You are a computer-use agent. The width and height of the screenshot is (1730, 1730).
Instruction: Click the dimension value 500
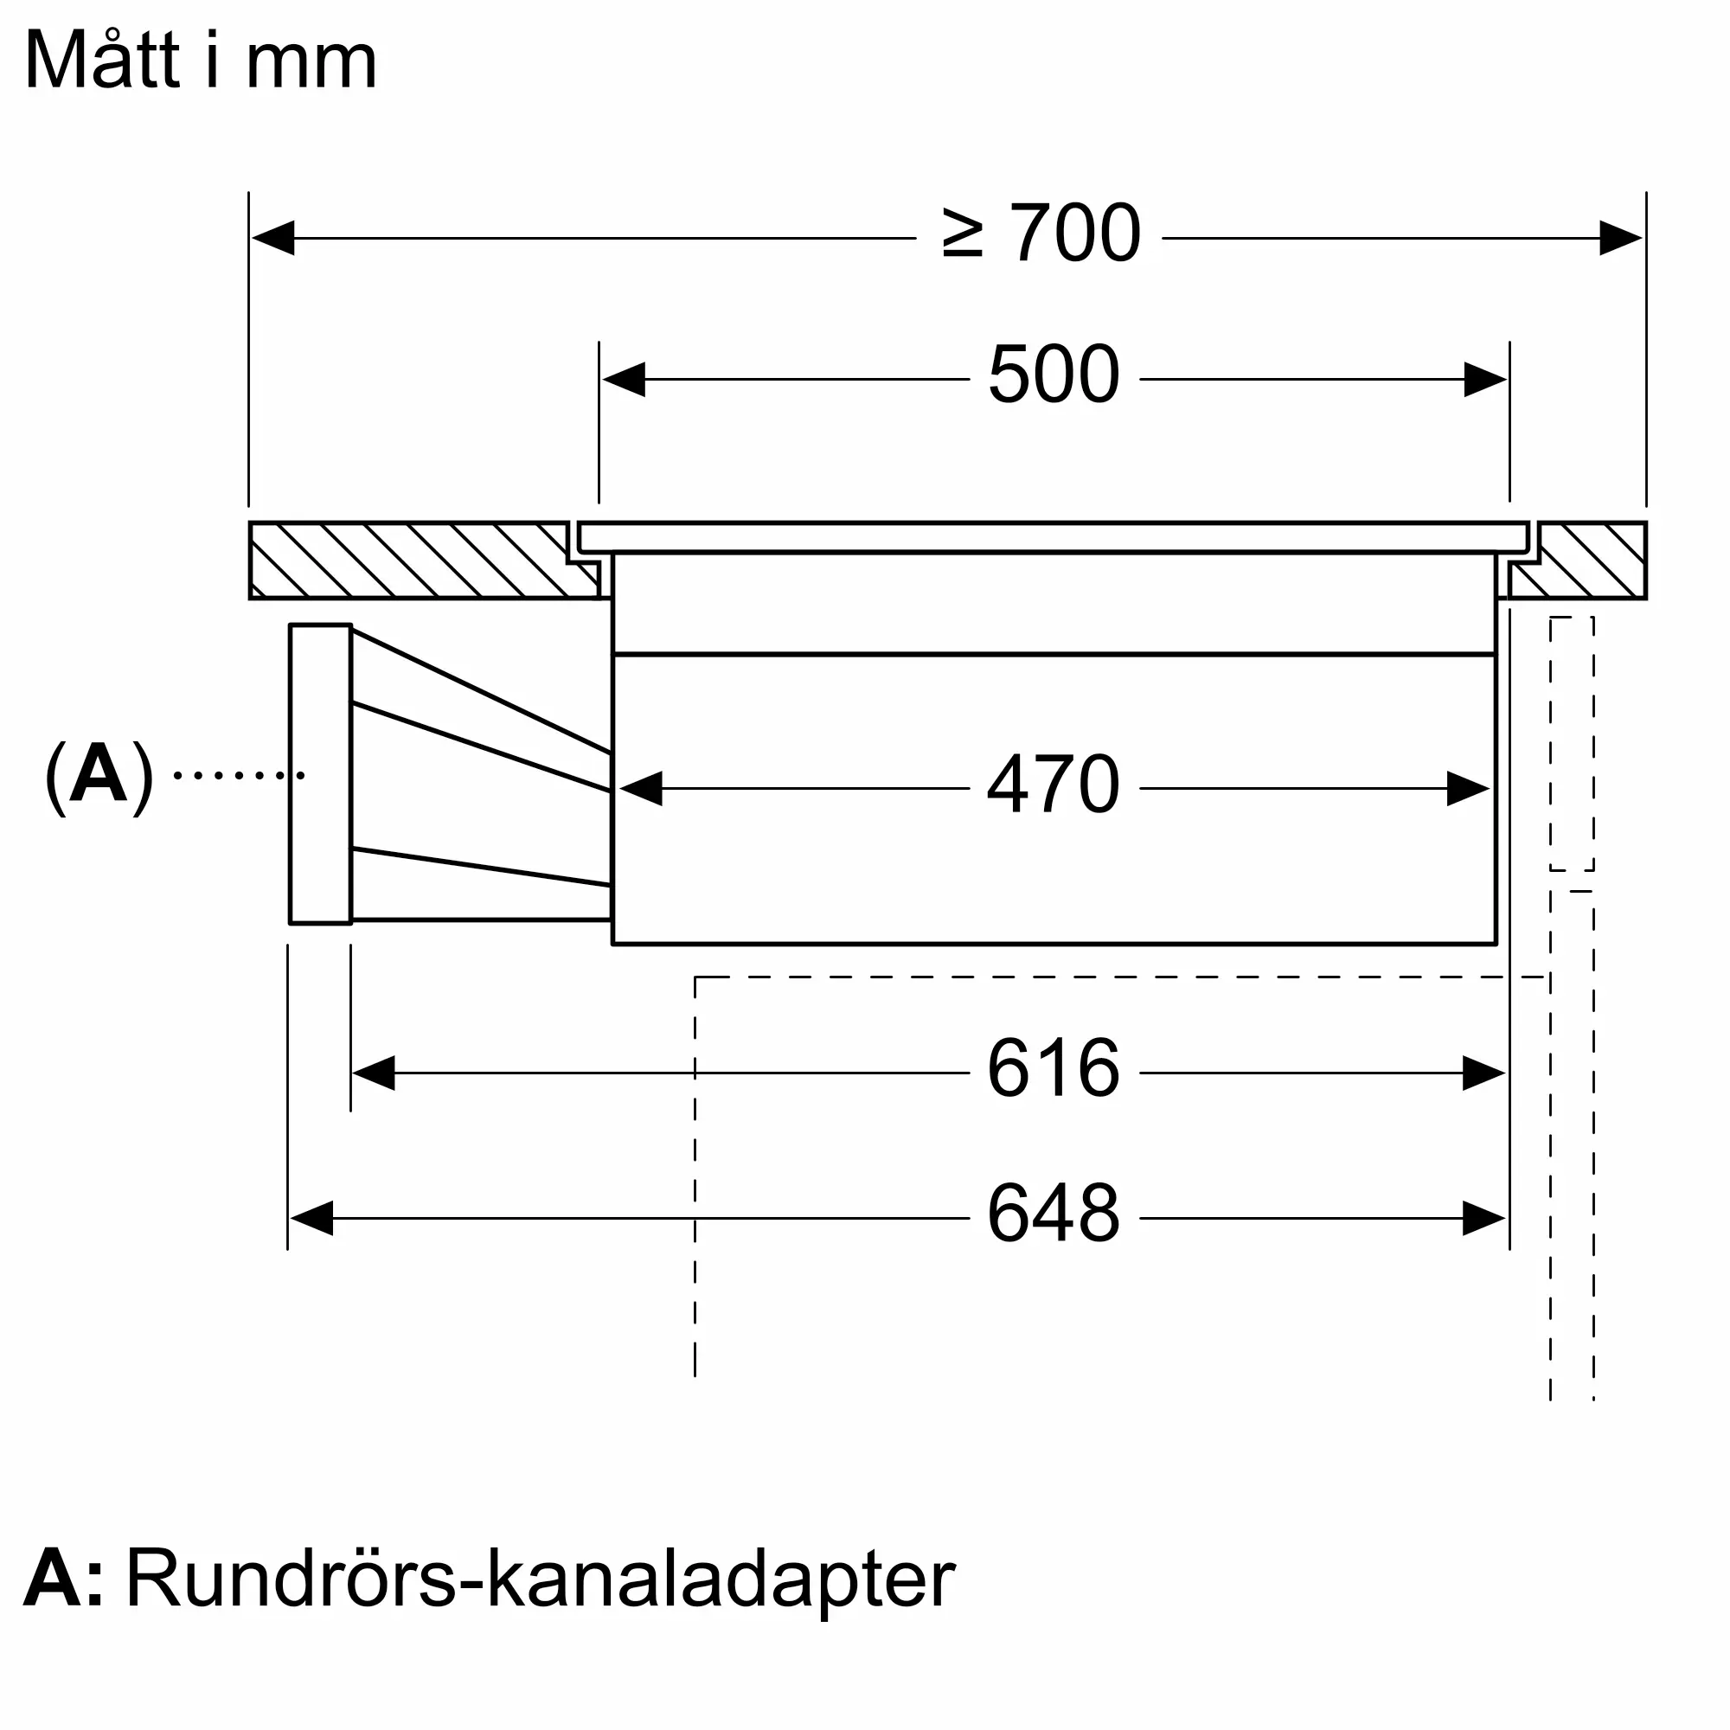[x=1053, y=375]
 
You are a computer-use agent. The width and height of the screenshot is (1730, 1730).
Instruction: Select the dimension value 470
[x=1053, y=785]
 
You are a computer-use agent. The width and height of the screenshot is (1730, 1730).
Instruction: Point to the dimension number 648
[x=1053, y=1214]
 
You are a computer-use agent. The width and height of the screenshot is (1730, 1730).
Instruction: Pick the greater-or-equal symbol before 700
[x=963, y=234]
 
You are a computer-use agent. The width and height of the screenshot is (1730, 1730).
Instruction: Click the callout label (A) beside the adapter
[x=99, y=774]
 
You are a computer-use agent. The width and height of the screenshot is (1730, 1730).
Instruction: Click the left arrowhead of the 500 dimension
[x=625, y=380]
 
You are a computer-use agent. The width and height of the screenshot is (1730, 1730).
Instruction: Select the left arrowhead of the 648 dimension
[x=311, y=1219]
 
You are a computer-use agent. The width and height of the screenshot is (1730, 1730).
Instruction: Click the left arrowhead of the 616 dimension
[x=375, y=1073]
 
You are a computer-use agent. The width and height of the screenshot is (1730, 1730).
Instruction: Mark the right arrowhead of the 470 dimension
[x=1468, y=789]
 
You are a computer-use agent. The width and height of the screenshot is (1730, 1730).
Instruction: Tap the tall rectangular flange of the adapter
[x=320, y=773]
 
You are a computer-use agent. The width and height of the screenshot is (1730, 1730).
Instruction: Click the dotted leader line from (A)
[x=238, y=775]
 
